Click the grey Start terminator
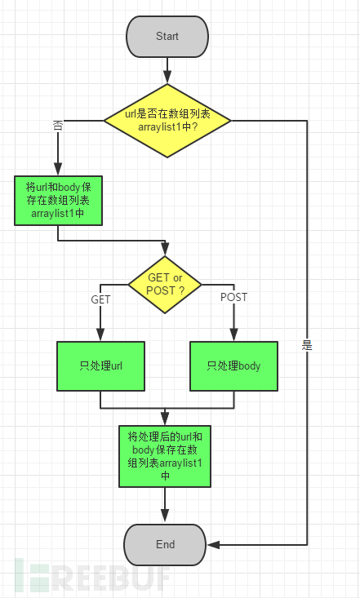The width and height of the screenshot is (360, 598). point(167,37)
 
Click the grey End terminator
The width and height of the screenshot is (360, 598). point(165,545)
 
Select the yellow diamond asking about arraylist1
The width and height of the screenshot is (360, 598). point(167,121)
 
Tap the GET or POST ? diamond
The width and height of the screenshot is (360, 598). point(165,285)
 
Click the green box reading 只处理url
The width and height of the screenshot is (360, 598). point(100,366)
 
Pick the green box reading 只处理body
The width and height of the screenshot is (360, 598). point(233,366)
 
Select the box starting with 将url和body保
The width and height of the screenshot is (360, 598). point(58,200)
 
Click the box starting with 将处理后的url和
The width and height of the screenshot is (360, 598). point(165,456)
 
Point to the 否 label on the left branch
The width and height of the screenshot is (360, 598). point(58,126)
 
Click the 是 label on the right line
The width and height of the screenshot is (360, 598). point(307,346)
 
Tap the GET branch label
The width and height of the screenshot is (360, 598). point(100,299)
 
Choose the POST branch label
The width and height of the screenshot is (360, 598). point(233,297)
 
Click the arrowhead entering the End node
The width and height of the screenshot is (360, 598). point(213,545)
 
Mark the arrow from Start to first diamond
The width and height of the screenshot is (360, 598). point(167,70)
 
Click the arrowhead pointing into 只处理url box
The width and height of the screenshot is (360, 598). point(100,334)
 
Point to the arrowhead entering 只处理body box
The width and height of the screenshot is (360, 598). point(233,334)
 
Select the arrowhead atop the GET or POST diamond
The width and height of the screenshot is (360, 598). point(165,249)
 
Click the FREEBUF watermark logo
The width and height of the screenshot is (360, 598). point(92,576)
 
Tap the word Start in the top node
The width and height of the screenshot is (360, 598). point(167,36)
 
